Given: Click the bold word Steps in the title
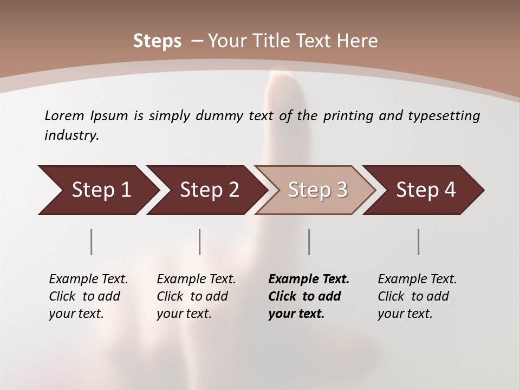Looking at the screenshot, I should (x=157, y=41).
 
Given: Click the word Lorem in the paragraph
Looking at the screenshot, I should (x=64, y=115).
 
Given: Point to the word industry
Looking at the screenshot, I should (x=71, y=135).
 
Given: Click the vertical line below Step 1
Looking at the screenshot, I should (x=92, y=242).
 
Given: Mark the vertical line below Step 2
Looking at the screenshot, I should (x=200, y=242).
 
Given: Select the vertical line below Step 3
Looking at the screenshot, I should (x=309, y=242).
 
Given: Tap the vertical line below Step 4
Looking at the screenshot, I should (x=419, y=242).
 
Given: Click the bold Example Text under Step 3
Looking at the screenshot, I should (x=309, y=279).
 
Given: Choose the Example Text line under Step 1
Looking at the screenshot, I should (x=88, y=279).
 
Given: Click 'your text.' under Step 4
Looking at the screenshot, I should (x=405, y=314).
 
